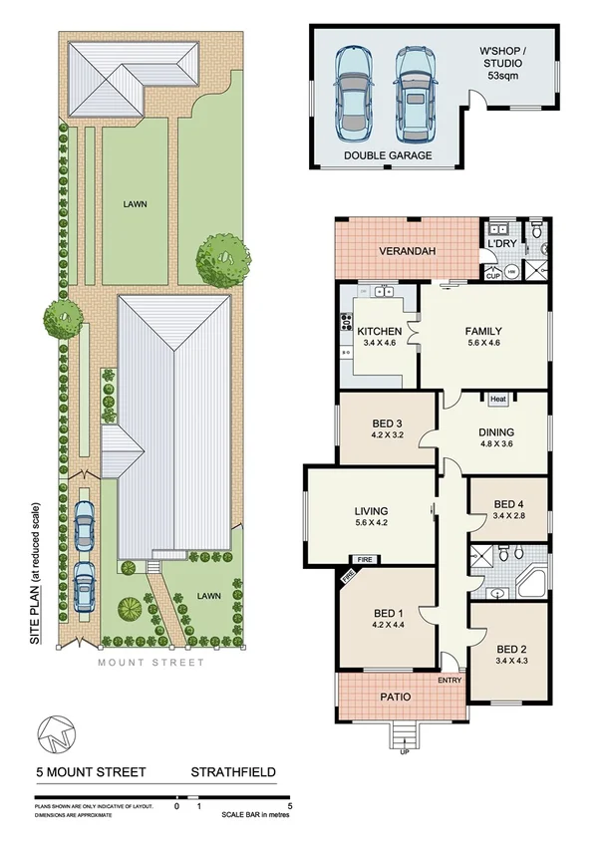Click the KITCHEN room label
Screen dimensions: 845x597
(x=379, y=331)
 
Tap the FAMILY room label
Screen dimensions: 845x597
(x=482, y=331)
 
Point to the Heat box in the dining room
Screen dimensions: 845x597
(x=498, y=399)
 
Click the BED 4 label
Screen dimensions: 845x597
(x=508, y=502)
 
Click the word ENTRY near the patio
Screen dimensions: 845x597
(x=449, y=681)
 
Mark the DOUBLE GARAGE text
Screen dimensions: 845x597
(x=389, y=155)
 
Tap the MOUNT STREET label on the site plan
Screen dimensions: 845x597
(x=151, y=662)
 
